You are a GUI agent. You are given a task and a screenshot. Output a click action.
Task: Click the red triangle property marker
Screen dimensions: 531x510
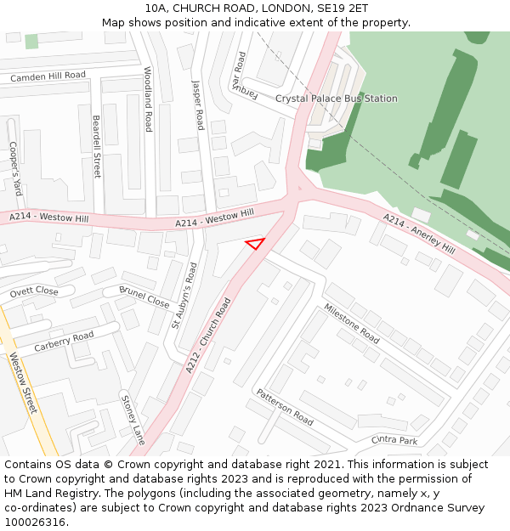tap(255, 244)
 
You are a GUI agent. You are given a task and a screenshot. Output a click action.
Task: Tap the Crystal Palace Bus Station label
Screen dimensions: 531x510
tap(336, 99)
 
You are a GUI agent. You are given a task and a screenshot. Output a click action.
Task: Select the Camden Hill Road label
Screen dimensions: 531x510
tap(48, 76)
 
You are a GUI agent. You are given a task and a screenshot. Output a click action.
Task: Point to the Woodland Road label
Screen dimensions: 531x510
tap(148, 99)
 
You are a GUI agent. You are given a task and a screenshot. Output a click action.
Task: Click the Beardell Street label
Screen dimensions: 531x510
tap(97, 146)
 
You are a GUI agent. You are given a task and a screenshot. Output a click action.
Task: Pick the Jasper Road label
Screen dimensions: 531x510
tap(199, 105)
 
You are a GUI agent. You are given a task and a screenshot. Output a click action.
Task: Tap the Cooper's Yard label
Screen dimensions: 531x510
tap(14, 168)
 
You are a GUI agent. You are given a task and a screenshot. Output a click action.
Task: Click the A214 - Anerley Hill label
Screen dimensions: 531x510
tap(419, 234)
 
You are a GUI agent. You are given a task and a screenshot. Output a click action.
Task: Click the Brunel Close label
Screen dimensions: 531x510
tap(144, 297)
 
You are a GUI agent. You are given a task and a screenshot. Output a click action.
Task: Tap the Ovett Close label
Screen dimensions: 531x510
tap(34, 292)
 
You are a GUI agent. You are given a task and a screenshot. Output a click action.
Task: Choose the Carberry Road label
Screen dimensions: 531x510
tap(64, 342)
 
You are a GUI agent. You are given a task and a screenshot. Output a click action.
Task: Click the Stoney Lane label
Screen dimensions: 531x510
tap(133, 420)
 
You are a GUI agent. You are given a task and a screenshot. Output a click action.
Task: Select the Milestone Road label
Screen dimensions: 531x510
tap(351, 324)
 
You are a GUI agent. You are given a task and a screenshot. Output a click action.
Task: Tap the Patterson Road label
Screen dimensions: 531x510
tap(285, 407)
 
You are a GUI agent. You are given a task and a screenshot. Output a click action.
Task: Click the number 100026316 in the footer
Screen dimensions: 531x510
tap(34, 522)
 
